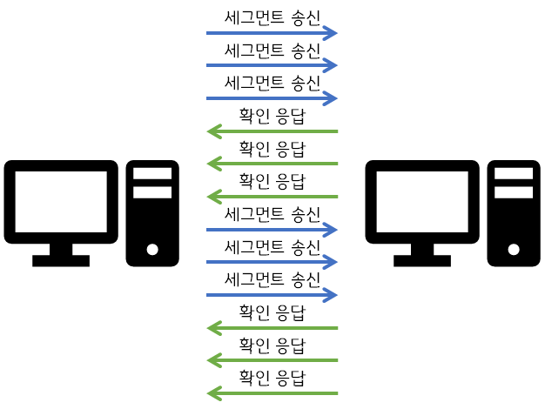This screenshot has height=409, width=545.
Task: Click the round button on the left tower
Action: click(152, 249)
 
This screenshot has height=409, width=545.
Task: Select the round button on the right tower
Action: click(514, 249)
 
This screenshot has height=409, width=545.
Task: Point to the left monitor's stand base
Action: click(61, 259)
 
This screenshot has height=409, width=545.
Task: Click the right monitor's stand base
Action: click(422, 259)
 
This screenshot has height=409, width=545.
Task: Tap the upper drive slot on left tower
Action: click(152, 173)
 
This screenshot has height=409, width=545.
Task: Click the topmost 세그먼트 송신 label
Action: click(272, 17)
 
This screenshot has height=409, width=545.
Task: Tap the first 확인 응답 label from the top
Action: click(272, 116)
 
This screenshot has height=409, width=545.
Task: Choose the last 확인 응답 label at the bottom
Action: click(272, 378)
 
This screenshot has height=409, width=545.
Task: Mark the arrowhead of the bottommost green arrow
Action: click(212, 393)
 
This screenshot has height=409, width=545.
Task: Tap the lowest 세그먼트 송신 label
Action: click(272, 279)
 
